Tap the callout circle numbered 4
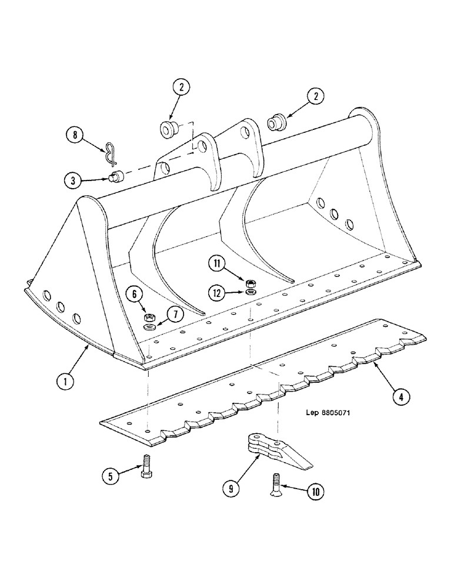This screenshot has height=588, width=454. coord(400,397)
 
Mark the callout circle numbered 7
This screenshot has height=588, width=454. coord(173,316)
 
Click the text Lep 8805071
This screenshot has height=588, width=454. coord(328,413)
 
